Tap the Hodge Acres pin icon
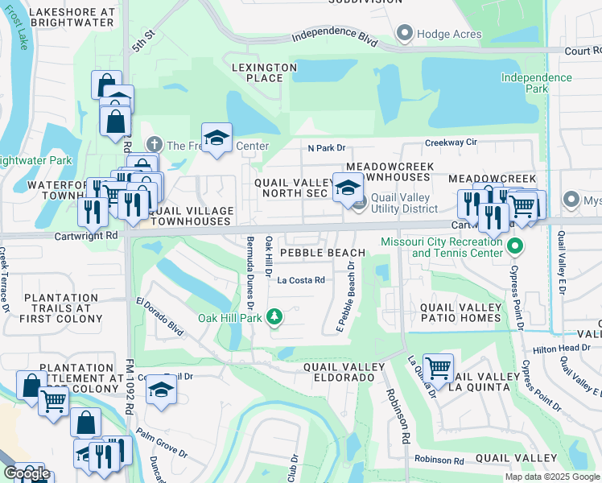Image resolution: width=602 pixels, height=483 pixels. click(404, 34)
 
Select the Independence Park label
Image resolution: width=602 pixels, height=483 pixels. click(536, 84)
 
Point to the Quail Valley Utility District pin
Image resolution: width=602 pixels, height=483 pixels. click(359, 200)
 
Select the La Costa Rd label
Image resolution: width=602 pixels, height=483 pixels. click(300, 280)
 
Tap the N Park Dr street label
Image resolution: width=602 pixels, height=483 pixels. click(325, 147)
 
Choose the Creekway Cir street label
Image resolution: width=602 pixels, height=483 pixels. click(451, 142)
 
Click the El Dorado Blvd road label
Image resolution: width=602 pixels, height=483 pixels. click(159, 316)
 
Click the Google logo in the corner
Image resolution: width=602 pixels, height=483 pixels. click(27, 473)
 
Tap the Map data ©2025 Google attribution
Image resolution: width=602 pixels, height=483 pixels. click(552, 477)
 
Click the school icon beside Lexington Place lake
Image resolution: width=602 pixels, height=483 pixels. click(216, 138)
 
